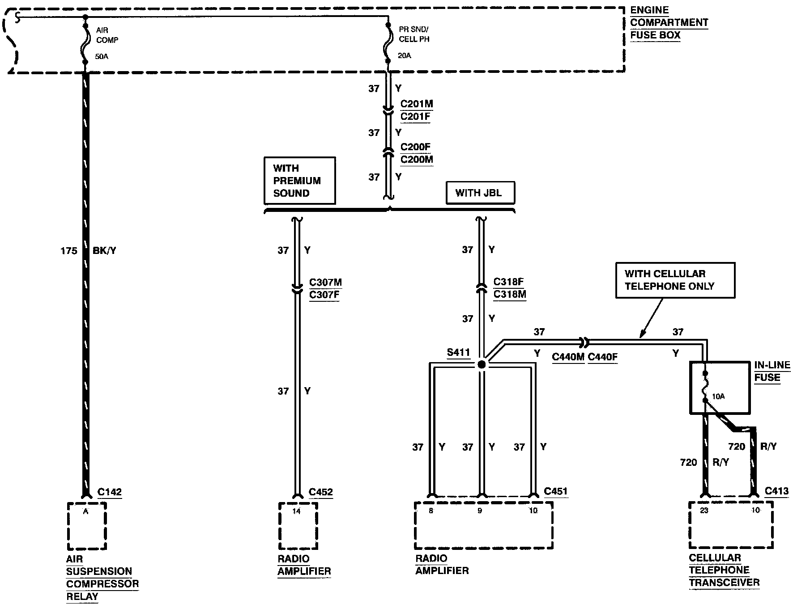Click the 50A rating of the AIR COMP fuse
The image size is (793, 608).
point(102,57)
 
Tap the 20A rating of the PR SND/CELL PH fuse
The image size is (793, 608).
point(405,56)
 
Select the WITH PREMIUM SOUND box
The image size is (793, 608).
point(300,181)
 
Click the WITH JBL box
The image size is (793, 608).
point(481,193)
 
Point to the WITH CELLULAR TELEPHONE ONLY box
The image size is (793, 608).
point(675,280)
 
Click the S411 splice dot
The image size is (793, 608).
point(482,365)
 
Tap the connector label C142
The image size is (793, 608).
point(110,492)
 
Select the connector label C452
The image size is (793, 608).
point(321,492)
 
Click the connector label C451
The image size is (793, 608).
point(556,491)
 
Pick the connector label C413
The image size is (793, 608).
point(777,491)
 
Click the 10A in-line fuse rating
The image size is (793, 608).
point(718,397)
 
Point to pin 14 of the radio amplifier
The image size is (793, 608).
point(296,511)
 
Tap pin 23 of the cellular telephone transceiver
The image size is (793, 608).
point(704,511)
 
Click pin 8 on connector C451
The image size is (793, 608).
point(431,511)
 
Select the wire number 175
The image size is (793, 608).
point(69,251)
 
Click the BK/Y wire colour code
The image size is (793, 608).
point(104,251)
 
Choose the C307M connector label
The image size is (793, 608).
point(325,283)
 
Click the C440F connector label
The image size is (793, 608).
point(603,357)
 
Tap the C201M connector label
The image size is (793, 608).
point(417,104)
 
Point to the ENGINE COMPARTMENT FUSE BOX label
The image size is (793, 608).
point(669,22)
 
